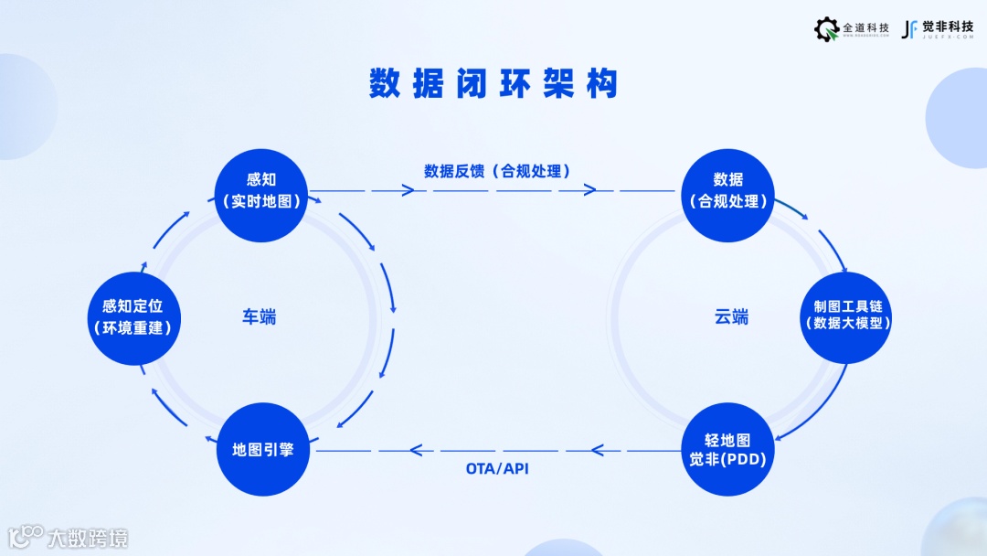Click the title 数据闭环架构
point(493,84)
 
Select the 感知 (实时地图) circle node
point(261,191)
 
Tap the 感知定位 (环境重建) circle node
point(132,316)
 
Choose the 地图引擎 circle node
point(261,449)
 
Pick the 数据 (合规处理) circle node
point(727,191)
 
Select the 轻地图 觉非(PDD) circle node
point(727,449)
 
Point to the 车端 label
point(259,317)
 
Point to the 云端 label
point(731,317)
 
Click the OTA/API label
point(497,469)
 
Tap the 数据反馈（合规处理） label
point(497,171)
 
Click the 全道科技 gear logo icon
point(826,29)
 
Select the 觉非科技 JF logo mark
point(909,29)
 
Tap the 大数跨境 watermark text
point(88,537)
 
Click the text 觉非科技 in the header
point(948,27)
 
